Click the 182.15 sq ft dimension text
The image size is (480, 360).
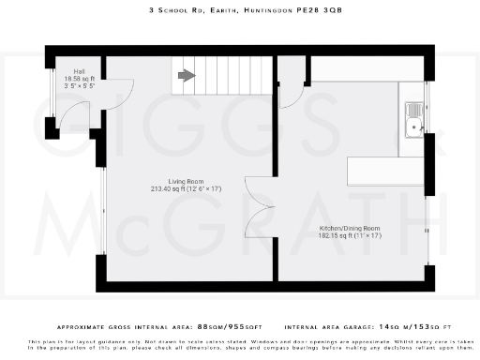pos(342,238)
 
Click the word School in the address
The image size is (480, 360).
pos(171,11)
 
